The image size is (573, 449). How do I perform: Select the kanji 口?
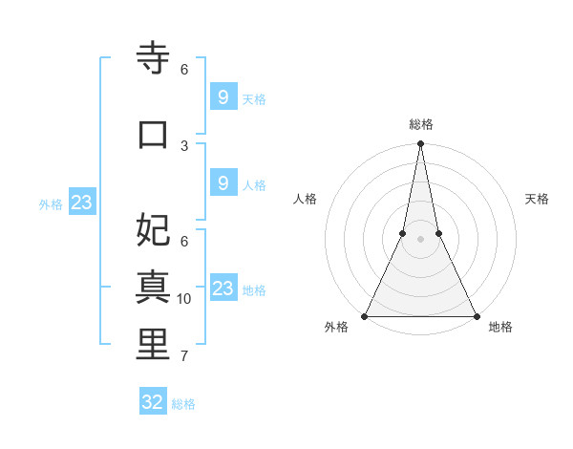click(x=153, y=134)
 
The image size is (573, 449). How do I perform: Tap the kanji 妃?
click(x=153, y=229)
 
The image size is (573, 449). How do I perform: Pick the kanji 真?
click(x=153, y=287)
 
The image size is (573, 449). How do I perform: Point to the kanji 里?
click(x=153, y=345)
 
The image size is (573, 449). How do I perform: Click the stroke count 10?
click(x=184, y=299)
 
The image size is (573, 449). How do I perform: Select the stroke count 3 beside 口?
click(x=184, y=145)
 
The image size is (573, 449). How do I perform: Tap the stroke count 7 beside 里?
click(x=184, y=356)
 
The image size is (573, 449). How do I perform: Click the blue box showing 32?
click(x=153, y=402)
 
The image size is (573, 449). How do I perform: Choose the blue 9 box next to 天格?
click(x=223, y=97)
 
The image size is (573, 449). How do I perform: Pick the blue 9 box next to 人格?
click(x=223, y=183)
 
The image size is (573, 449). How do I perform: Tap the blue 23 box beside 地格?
click(x=223, y=289)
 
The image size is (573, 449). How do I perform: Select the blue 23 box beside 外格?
click(x=81, y=203)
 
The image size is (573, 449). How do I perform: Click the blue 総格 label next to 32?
click(x=183, y=404)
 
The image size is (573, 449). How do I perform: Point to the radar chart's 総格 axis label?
click(x=420, y=124)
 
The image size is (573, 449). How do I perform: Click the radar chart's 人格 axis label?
click(x=305, y=199)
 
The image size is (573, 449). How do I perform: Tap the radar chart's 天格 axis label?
click(x=537, y=199)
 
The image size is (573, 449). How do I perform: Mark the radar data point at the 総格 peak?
click(x=420, y=144)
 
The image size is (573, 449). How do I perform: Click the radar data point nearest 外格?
click(x=365, y=316)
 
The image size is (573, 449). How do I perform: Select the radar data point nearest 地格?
click(x=476, y=316)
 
